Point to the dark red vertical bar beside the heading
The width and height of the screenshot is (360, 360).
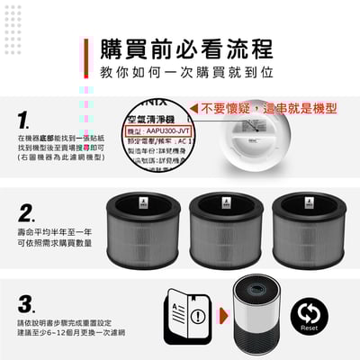(89, 58)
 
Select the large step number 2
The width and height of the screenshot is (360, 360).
(26, 213)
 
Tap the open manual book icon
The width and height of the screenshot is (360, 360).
(185, 314)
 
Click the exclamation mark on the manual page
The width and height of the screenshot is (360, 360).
(196, 316)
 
